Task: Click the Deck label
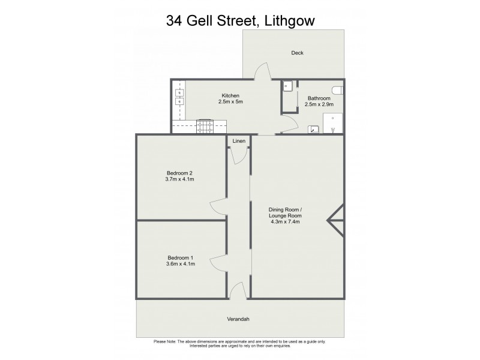(297, 53)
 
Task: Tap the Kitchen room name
(230, 95)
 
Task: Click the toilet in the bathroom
(339, 90)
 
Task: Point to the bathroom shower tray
(332, 122)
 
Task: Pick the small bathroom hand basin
(313, 128)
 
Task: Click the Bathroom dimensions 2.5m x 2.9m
(319, 104)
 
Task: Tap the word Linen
(239, 141)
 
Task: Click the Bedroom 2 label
(179, 172)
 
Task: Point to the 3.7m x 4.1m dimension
(179, 179)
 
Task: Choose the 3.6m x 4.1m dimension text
(179, 265)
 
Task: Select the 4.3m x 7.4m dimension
(285, 221)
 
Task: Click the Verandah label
(238, 318)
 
